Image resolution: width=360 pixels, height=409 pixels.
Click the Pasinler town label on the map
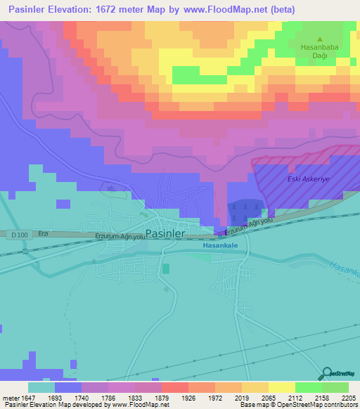(165, 233)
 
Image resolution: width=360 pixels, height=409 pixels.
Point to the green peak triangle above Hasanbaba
(320, 39)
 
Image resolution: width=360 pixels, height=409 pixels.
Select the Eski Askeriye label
(309, 179)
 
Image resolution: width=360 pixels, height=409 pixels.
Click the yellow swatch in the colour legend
(282, 387)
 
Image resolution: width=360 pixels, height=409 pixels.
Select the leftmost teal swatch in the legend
(41, 387)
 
